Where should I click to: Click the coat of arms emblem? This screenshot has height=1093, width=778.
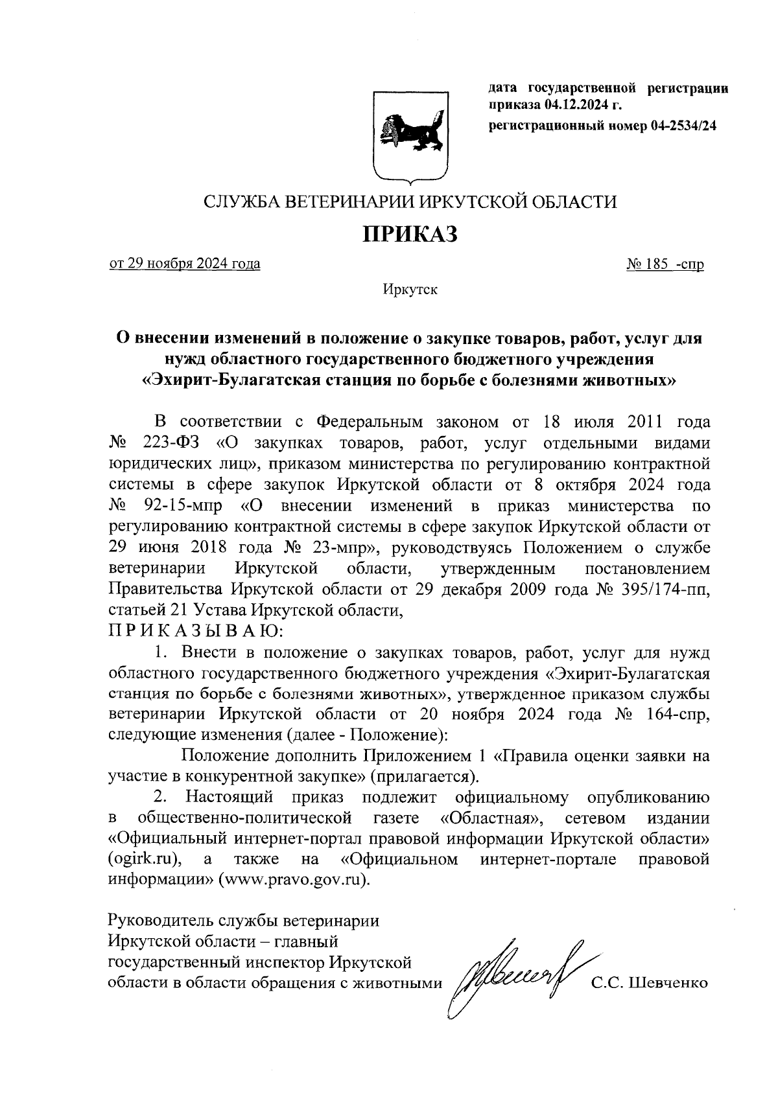pyautogui.click(x=410, y=134)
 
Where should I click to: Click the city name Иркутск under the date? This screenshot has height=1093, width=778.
pyautogui.click(x=410, y=290)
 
